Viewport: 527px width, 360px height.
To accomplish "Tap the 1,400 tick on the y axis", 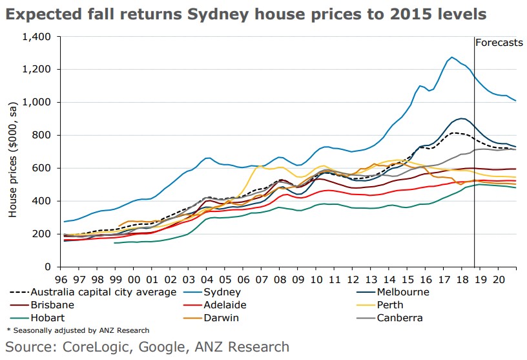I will [x=36, y=36].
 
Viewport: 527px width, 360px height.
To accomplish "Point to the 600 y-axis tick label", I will [x=42, y=168].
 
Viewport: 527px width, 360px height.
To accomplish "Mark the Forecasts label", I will [x=499, y=43].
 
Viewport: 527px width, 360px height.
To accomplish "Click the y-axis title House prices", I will [x=13, y=152].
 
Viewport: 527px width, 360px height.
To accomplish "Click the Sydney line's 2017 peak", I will [x=451, y=58].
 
